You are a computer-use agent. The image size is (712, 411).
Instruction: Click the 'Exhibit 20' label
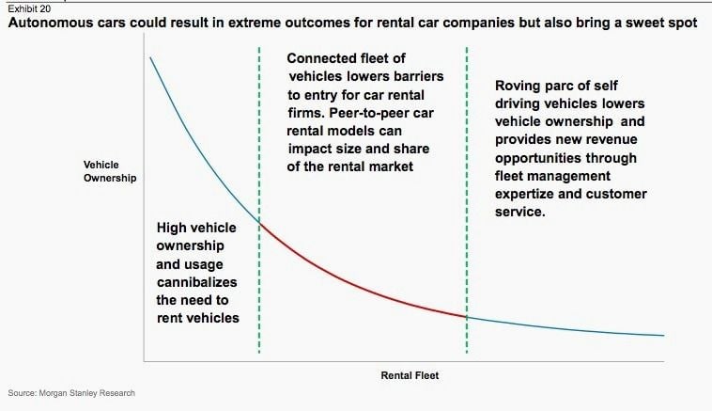(x=29, y=8)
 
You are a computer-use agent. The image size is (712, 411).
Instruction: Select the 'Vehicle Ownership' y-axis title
(x=110, y=171)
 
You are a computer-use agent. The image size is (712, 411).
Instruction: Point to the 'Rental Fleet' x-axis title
(x=410, y=375)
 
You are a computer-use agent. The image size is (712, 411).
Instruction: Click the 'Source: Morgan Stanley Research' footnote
(x=71, y=393)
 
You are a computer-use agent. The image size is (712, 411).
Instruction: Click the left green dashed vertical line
(x=259, y=200)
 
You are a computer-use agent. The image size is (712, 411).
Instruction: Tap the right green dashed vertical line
(x=467, y=200)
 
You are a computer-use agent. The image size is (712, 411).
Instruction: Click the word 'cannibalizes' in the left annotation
(x=196, y=282)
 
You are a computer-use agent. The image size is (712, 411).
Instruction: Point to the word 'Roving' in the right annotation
(x=517, y=86)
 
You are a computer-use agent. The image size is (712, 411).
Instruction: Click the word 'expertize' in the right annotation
(x=524, y=194)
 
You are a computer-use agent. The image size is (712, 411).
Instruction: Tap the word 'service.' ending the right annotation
(x=520, y=212)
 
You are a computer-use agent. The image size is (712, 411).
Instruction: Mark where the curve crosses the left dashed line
(x=259, y=222)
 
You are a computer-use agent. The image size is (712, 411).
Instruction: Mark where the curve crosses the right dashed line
(x=467, y=317)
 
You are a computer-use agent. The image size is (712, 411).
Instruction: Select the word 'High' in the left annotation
(x=171, y=229)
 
